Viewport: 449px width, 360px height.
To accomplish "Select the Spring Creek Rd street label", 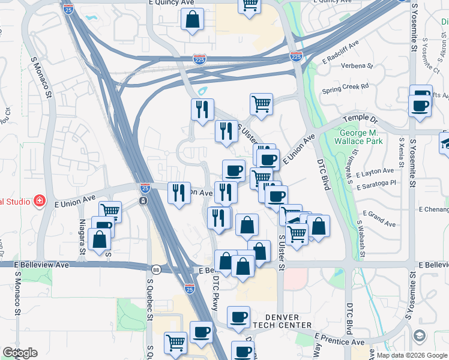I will tap(345, 87).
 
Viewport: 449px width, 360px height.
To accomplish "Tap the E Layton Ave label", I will tap(375, 173).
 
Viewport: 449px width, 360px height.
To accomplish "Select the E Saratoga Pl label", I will tap(376, 184).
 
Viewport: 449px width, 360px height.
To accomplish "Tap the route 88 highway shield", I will tap(156, 269).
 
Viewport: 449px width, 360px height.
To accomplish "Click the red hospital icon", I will tap(40, 200).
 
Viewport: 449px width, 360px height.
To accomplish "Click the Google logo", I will tap(19, 353).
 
